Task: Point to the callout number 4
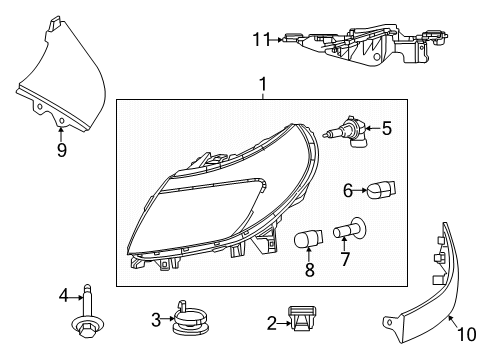[63, 295]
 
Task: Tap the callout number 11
[260, 40]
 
